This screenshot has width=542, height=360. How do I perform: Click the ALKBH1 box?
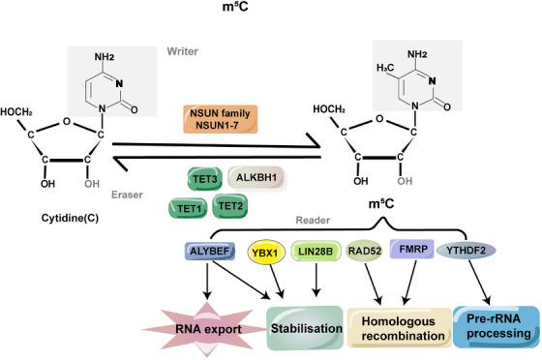(256, 177)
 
